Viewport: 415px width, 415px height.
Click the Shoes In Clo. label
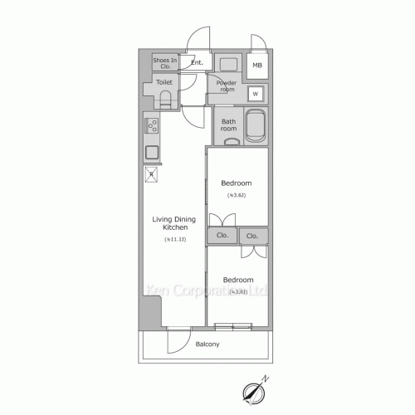tap(164, 63)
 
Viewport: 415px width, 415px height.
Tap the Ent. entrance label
tap(197, 62)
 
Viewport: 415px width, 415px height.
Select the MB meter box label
tap(257, 65)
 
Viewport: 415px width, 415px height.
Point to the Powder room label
tap(226, 86)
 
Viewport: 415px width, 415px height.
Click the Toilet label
tap(164, 83)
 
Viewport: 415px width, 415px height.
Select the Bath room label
tap(228, 125)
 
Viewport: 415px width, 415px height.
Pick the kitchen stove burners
tap(152, 127)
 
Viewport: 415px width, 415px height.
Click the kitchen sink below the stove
tap(152, 152)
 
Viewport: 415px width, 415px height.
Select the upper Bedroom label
tap(237, 183)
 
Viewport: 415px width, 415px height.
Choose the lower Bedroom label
tap(238, 280)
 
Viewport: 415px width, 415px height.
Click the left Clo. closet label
tap(222, 236)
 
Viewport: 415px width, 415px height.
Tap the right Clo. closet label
tap(252, 236)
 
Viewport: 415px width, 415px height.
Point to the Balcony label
tap(207, 344)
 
